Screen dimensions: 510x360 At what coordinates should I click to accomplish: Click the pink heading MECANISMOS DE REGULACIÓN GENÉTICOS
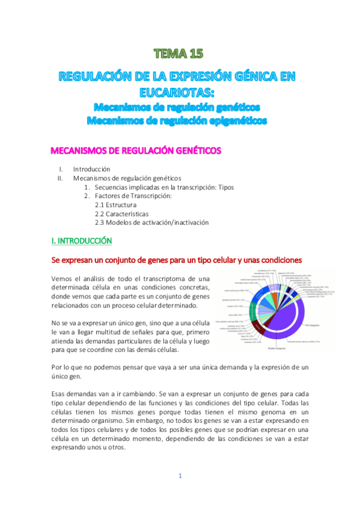click(x=135, y=150)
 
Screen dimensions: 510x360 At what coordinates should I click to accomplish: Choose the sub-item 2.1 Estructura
click(x=116, y=205)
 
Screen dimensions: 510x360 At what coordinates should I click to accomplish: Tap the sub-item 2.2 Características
click(x=122, y=214)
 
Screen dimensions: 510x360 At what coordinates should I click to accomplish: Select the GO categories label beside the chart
click(x=313, y=325)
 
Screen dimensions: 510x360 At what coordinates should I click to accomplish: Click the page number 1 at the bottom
click(x=180, y=476)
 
